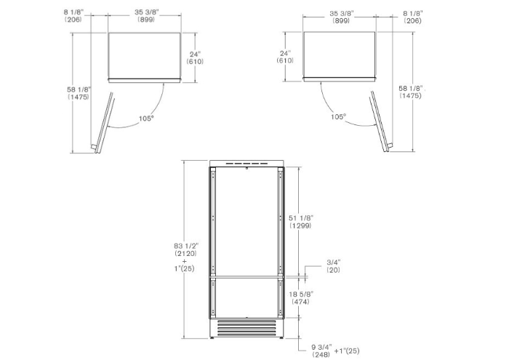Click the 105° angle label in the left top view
click(x=146, y=119)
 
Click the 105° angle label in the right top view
click(x=339, y=116)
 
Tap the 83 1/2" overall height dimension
click(x=186, y=246)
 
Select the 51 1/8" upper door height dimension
click(x=301, y=218)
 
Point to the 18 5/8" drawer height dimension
click(x=301, y=294)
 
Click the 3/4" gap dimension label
click(x=333, y=263)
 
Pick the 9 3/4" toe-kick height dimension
click(x=321, y=347)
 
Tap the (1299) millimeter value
click(x=300, y=225)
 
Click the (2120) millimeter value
click(x=185, y=253)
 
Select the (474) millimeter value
click(x=300, y=302)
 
